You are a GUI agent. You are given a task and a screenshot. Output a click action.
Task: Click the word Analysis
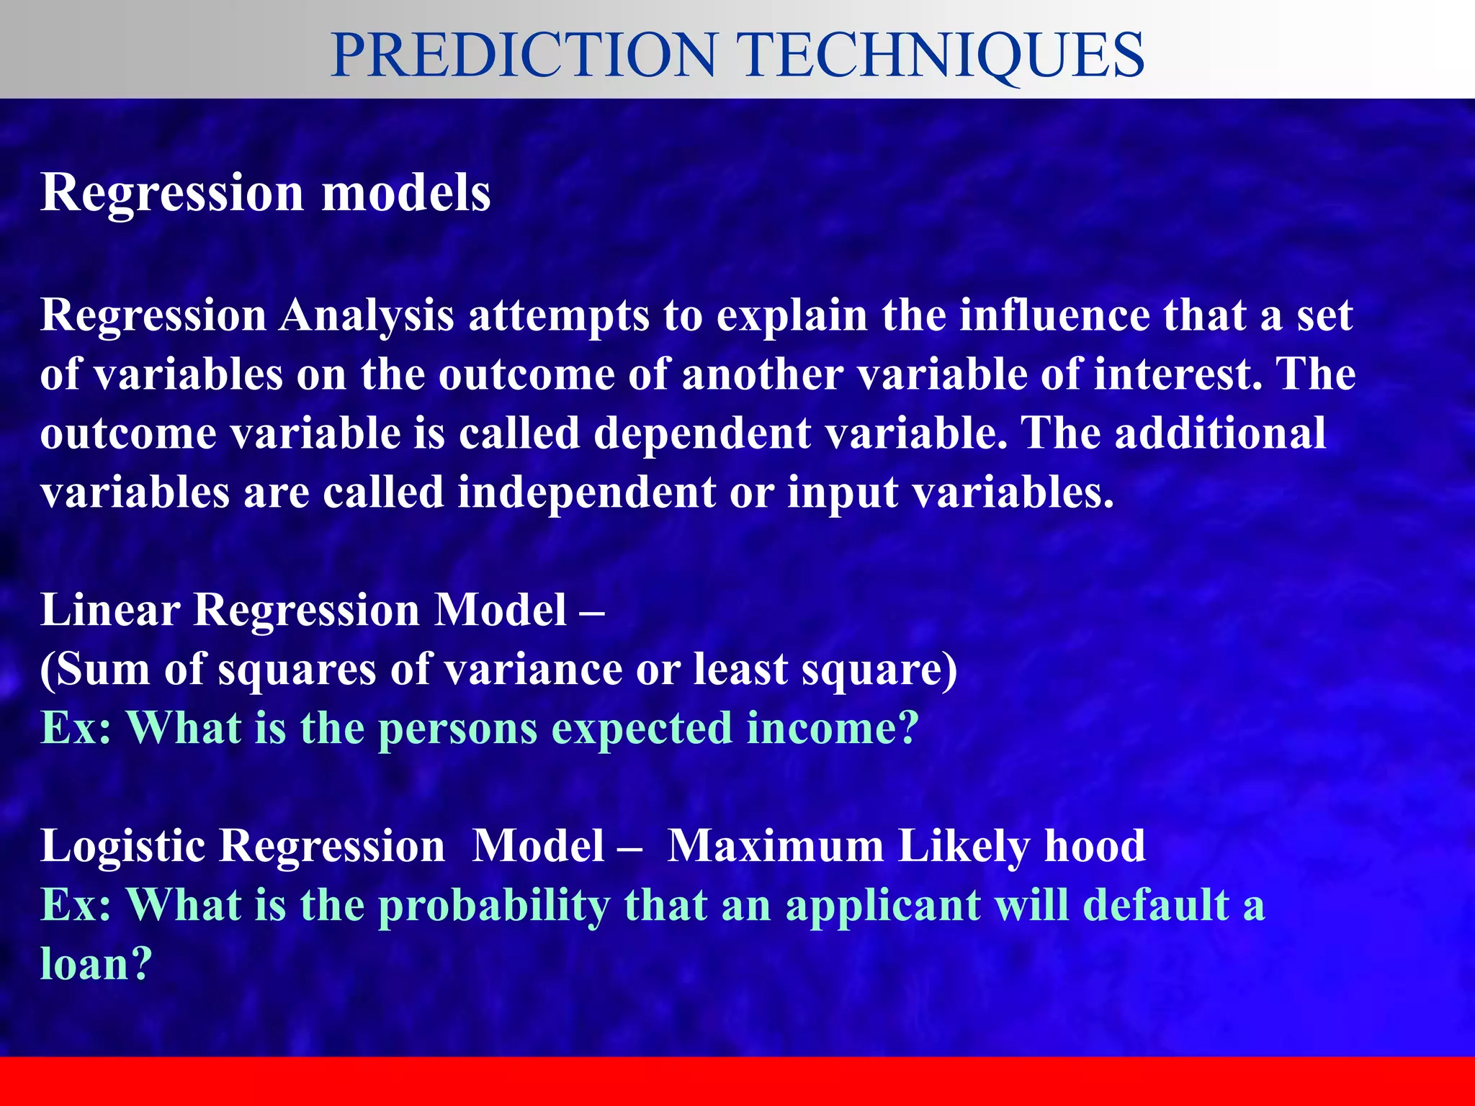tap(367, 317)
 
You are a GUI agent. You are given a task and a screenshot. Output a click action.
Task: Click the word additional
tap(1220, 433)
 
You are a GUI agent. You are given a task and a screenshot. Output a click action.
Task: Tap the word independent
tap(587, 494)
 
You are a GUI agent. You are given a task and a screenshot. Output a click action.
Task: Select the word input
tap(842, 494)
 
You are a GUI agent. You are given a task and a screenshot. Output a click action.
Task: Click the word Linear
tap(110, 611)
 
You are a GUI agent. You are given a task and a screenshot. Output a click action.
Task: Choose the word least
tap(741, 670)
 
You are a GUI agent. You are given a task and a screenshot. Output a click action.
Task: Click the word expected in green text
tap(641, 729)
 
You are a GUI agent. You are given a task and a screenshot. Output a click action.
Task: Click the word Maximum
tap(775, 845)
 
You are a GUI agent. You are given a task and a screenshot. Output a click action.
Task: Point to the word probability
tap(494, 906)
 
